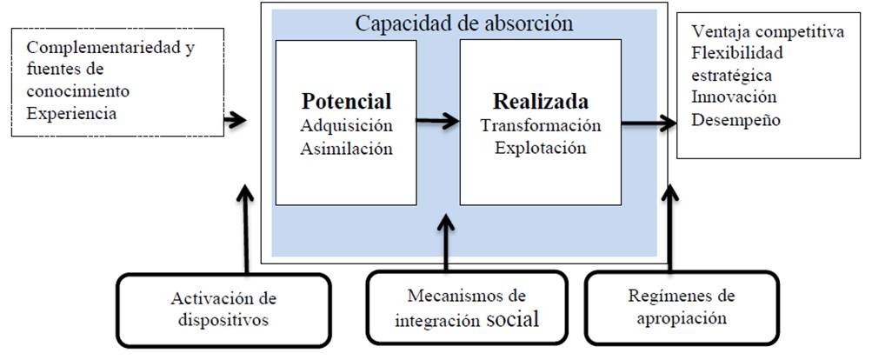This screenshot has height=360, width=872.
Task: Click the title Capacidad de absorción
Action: (x=463, y=23)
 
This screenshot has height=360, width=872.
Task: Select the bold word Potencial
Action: (x=346, y=101)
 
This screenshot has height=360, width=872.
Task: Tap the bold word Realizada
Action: (x=540, y=101)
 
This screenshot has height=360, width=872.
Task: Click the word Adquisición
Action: (x=346, y=125)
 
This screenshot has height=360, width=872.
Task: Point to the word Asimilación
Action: (x=346, y=148)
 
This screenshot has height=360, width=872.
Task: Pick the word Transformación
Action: (x=540, y=125)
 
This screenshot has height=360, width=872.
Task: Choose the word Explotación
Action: (x=540, y=148)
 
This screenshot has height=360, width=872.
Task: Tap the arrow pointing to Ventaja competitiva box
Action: (x=648, y=124)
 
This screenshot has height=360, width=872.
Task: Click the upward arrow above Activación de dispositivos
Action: (x=247, y=226)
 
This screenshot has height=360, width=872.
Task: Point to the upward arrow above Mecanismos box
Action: (x=446, y=243)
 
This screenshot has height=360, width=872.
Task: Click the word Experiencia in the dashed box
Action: (x=71, y=113)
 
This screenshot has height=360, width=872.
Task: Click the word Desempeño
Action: (x=735, y=118)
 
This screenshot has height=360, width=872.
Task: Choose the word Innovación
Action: (x=734, y=97)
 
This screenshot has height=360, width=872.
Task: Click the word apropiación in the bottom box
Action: (x=681, y=318)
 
